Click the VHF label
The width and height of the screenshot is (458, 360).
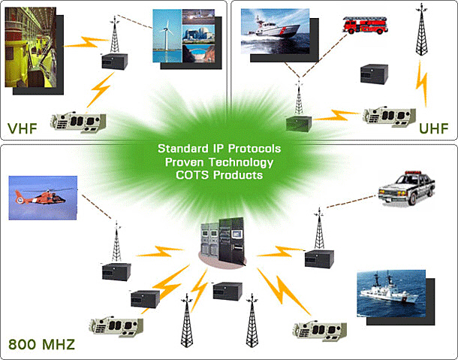click(x=23, y=127)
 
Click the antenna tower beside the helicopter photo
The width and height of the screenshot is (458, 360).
click(x=116, y=240)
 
